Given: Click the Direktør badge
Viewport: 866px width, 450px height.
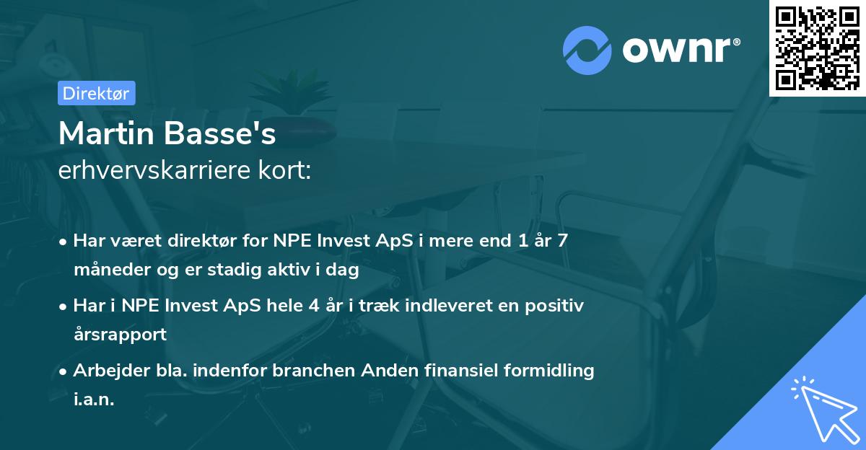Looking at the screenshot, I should click(96, 93).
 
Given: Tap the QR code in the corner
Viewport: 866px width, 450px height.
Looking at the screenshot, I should click(816, 48).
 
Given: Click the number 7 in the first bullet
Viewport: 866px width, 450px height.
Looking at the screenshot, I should click(561, 242).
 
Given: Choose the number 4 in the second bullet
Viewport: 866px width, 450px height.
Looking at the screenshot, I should click(313, 306).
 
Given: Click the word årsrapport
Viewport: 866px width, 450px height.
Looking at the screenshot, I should click(120, 335).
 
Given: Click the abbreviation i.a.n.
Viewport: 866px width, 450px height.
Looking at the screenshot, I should click(94, 400).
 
